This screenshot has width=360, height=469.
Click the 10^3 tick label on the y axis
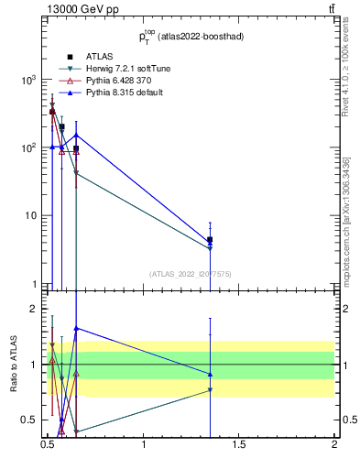pos(28,80)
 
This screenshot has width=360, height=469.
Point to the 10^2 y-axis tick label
pos(28,147)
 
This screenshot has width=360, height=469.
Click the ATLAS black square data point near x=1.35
pos(211,240)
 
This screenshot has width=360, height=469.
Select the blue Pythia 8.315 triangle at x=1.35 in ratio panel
pos(211,374)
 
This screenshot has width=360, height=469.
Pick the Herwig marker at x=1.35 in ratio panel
pos(211,390)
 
